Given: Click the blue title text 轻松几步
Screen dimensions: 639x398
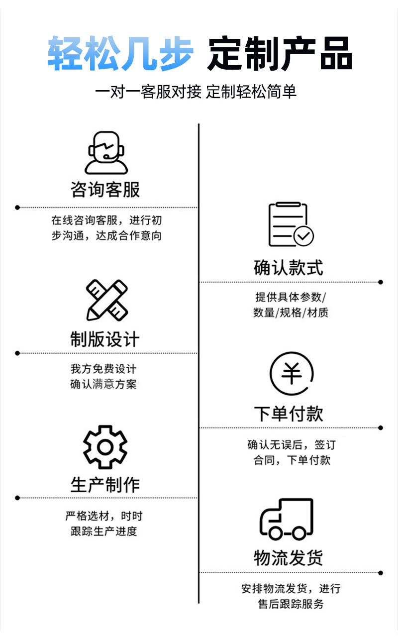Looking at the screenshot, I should coord(120,53).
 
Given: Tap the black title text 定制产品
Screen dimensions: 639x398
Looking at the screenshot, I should coord(280,53).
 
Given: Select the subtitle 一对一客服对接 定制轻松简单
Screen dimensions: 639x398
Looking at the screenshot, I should coord(196,92).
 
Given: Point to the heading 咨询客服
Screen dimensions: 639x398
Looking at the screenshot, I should coord(105,190).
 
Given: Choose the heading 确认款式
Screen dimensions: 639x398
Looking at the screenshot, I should coord(289,267).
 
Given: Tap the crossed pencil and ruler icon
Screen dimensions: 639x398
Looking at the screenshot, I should coord(106,300).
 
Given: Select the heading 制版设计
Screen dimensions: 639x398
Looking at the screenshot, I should coord(105,340).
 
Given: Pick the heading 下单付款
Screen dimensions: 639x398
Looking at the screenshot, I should coord(289,414).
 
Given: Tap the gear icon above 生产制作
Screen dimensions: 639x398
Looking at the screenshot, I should coord(105,447).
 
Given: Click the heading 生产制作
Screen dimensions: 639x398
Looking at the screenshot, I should coord(105,485).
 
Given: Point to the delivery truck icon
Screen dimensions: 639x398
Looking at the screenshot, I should coord(287,519).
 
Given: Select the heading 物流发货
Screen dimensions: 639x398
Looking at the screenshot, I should coord(289,558).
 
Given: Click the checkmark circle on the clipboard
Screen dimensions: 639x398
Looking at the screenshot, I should coord(303,236).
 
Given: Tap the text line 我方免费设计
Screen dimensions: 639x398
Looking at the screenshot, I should coord(103,369).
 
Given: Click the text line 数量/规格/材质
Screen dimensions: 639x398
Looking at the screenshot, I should coord(291,313).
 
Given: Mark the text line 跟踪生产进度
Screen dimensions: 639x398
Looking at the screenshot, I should coord(103,531).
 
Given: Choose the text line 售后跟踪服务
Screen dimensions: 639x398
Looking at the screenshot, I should coord(291,604).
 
